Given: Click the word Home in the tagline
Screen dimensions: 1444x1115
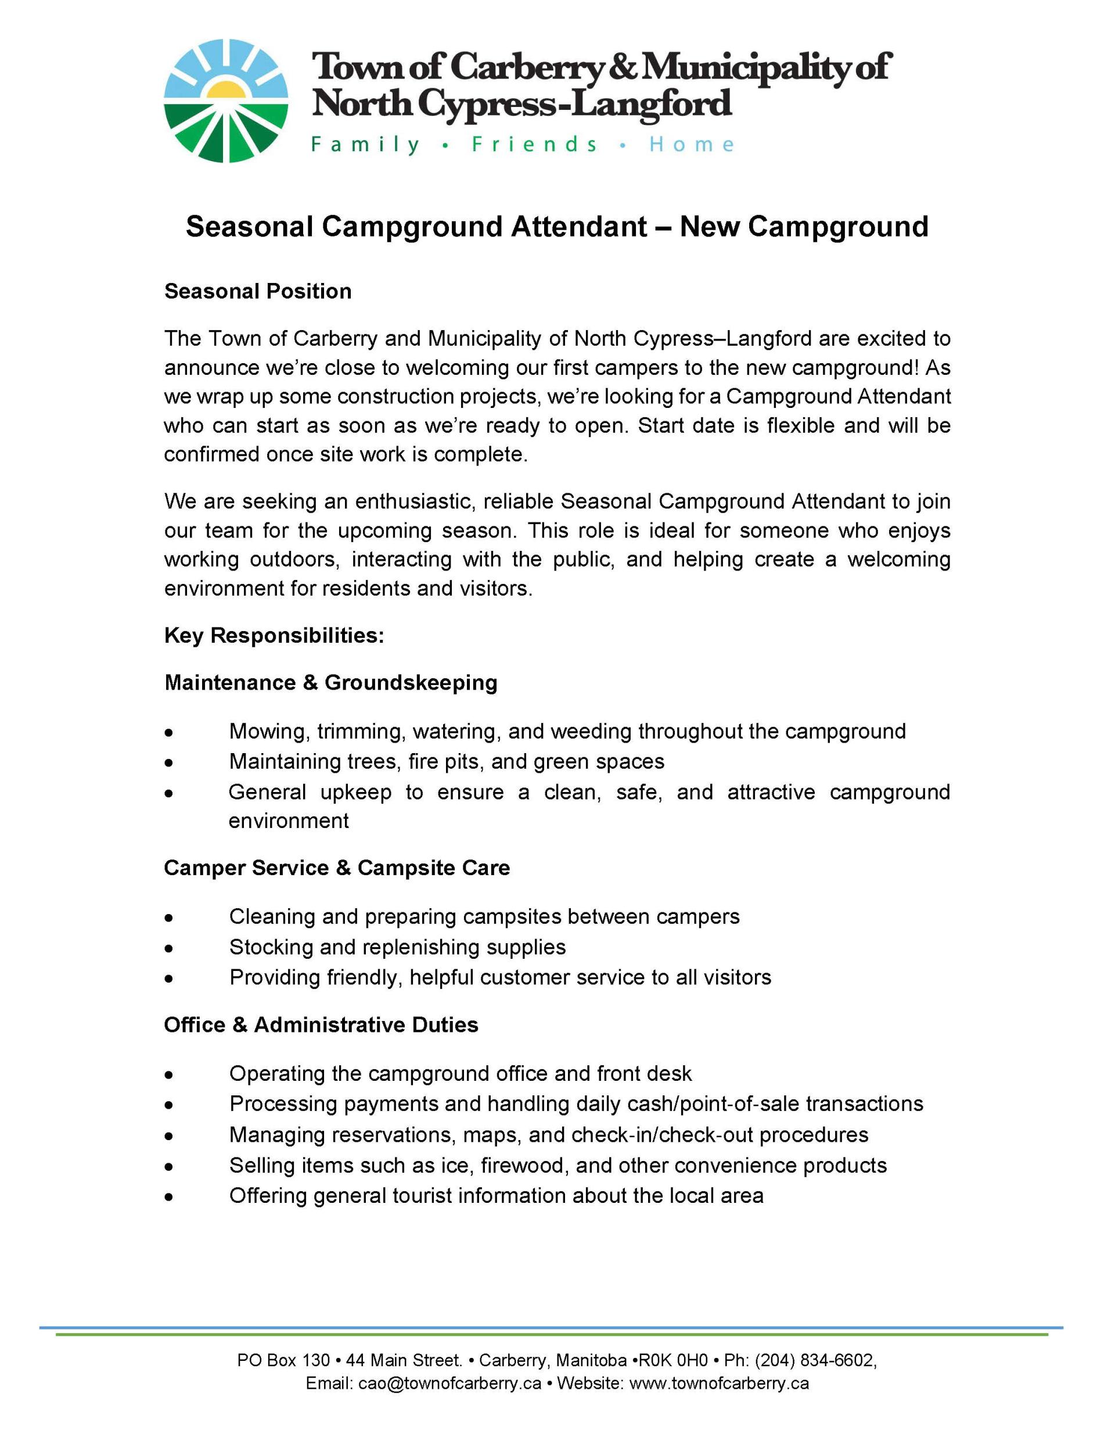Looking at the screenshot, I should click(690, 144).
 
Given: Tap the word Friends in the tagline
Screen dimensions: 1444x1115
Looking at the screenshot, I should click(534, 144).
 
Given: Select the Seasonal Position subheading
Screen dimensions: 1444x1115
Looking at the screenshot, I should click(258, 291).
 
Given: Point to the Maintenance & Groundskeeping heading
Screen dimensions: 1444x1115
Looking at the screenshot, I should click(330, 682).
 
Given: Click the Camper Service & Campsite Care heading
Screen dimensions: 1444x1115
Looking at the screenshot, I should click(336, 868).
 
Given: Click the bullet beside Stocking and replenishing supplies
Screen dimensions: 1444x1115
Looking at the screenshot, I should click(170, 949).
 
